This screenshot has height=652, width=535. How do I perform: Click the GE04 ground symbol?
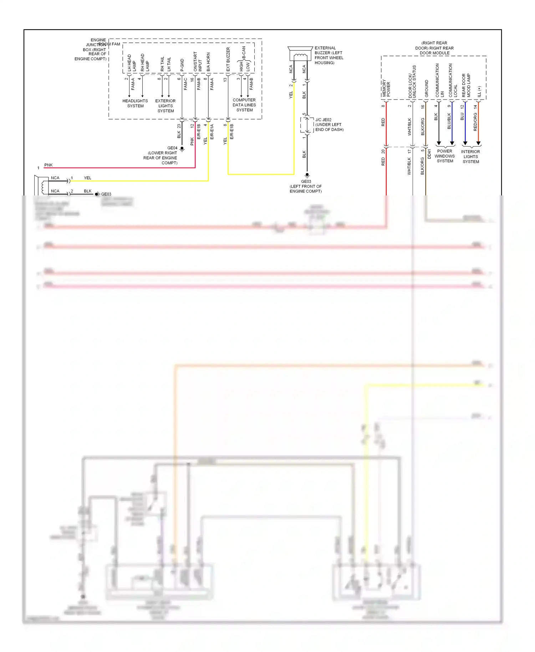click(182, 149)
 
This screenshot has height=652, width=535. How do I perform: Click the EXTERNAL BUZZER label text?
click(328, 55)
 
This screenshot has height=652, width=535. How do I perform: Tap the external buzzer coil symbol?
click(300, 56)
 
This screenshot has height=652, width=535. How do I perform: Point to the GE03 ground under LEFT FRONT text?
click(307, 175)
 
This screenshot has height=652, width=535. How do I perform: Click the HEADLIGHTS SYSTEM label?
click(135, 103)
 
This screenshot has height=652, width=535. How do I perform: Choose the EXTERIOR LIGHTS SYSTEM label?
click(165, 106)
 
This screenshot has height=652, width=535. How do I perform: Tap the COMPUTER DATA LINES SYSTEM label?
click(244, 105)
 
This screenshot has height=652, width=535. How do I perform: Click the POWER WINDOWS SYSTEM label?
click(445, 156)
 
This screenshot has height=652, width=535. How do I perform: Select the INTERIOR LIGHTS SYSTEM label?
click(470, 157)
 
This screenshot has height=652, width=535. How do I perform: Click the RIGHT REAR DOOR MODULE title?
click(434, 48)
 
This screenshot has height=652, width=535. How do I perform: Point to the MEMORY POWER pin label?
click(386, 88)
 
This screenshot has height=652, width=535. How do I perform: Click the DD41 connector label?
click(429, 154)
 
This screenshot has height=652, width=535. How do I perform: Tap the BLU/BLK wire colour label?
click(449, 121)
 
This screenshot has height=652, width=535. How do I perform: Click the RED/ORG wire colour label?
click(475, 122)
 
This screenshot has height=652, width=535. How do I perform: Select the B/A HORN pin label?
click(208, 62)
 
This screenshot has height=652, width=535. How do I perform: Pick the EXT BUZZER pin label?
click(228, 59)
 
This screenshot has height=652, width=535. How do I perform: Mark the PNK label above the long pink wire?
click(49, 165)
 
